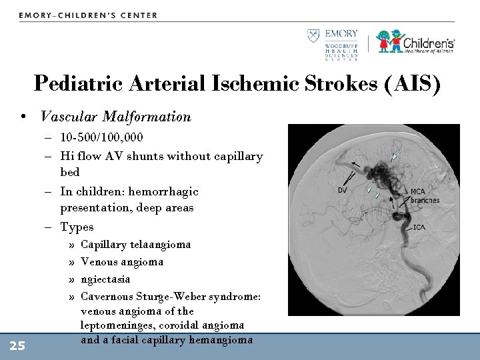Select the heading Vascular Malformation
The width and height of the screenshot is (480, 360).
[115, 117]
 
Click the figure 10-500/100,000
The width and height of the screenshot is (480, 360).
[101, 137]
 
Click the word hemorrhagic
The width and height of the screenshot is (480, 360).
[163, 191]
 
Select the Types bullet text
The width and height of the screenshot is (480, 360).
[77, 227]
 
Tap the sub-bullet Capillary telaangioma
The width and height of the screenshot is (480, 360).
[135, 244]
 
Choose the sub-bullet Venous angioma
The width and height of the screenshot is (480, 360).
[122, 261]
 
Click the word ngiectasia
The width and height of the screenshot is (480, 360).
[105, 279]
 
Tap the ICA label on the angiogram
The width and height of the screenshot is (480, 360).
[419, 227]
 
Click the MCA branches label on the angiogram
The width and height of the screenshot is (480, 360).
[424, 196]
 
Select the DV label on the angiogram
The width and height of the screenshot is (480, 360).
[342, 191]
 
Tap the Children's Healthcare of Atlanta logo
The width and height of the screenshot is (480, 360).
[415, 41]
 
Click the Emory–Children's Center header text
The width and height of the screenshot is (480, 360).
[88, 15]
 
